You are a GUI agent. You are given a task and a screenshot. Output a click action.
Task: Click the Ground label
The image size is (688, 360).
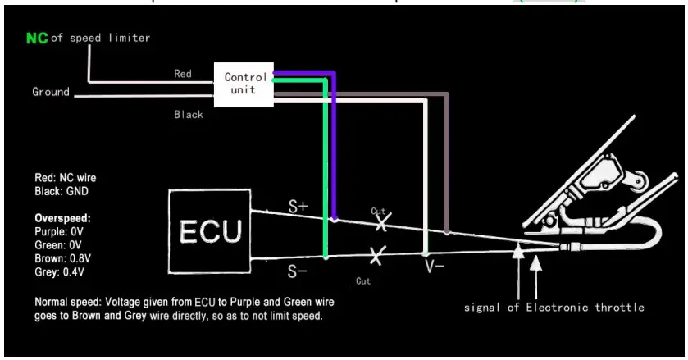51,92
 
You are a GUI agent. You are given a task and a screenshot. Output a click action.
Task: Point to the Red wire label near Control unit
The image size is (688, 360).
183,74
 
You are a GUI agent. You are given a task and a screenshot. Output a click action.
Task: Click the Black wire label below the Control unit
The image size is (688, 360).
188,115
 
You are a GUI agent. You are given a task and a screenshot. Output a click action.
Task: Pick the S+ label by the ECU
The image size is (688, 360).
298,207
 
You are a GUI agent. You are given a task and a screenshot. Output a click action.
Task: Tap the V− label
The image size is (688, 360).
434,267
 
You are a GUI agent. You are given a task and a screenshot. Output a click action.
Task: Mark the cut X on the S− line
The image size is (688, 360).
376,255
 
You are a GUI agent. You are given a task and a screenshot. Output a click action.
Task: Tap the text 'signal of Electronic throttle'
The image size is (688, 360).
554,308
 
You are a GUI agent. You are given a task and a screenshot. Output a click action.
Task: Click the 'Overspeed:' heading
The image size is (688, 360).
62,220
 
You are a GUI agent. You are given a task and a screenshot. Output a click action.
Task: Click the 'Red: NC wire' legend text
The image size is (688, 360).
66,178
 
